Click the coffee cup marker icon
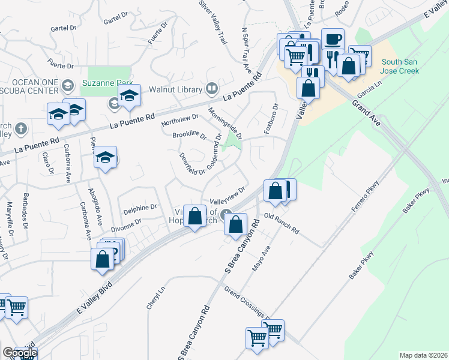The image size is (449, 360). pos(333,39)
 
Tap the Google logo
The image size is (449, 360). pos(19,353)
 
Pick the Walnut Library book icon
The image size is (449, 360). pos(211,89)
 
